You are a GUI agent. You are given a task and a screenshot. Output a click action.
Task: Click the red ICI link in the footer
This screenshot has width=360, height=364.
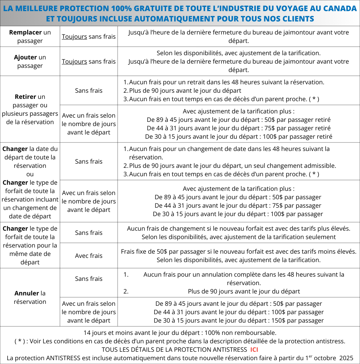[x=254, y=349]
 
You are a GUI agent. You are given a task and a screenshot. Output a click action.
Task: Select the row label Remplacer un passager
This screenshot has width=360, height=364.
[x=30, y=36]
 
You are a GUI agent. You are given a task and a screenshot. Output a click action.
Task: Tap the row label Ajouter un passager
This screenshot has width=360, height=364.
[x=30, y=61]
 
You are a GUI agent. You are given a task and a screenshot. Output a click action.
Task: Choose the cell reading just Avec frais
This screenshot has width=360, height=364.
[x=88, y=256]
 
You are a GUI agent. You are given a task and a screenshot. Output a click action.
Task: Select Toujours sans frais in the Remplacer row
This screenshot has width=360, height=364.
[x=88, y=37]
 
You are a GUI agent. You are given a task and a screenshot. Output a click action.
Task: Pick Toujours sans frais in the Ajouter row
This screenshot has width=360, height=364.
[x=88, y=61]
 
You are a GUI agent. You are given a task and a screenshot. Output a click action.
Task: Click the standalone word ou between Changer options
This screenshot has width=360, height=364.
[x=30, y=174]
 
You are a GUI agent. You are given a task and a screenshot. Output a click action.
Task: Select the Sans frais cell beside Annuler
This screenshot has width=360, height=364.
[x=88, y=279]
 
